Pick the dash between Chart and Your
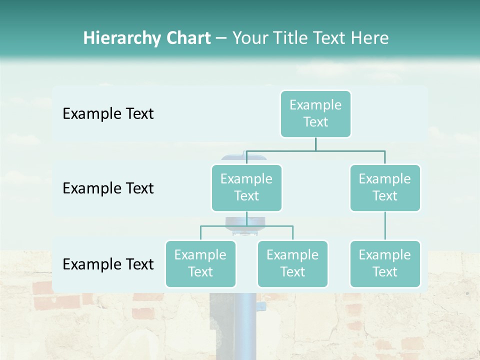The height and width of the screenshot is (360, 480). (221, 39)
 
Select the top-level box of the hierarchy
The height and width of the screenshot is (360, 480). (315, 113)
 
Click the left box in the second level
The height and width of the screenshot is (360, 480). (246, 187)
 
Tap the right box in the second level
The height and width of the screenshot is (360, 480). (385, 187)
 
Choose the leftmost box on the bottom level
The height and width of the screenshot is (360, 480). (200, 263)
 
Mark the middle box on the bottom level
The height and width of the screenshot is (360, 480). (292, 263)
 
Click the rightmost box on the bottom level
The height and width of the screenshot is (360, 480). (385, 263)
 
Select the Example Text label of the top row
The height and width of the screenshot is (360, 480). (108, 113)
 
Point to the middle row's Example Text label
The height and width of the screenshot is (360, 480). (108, 188)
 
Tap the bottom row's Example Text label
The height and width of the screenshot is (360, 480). (108, 264)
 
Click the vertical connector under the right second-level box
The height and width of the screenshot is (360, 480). (385, 226)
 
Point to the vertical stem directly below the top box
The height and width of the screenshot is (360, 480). (315, 144)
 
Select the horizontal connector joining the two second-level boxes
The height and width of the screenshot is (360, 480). (315, 150)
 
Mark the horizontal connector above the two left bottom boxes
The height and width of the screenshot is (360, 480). (246, 226)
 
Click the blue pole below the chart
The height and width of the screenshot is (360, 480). (246, 325)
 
